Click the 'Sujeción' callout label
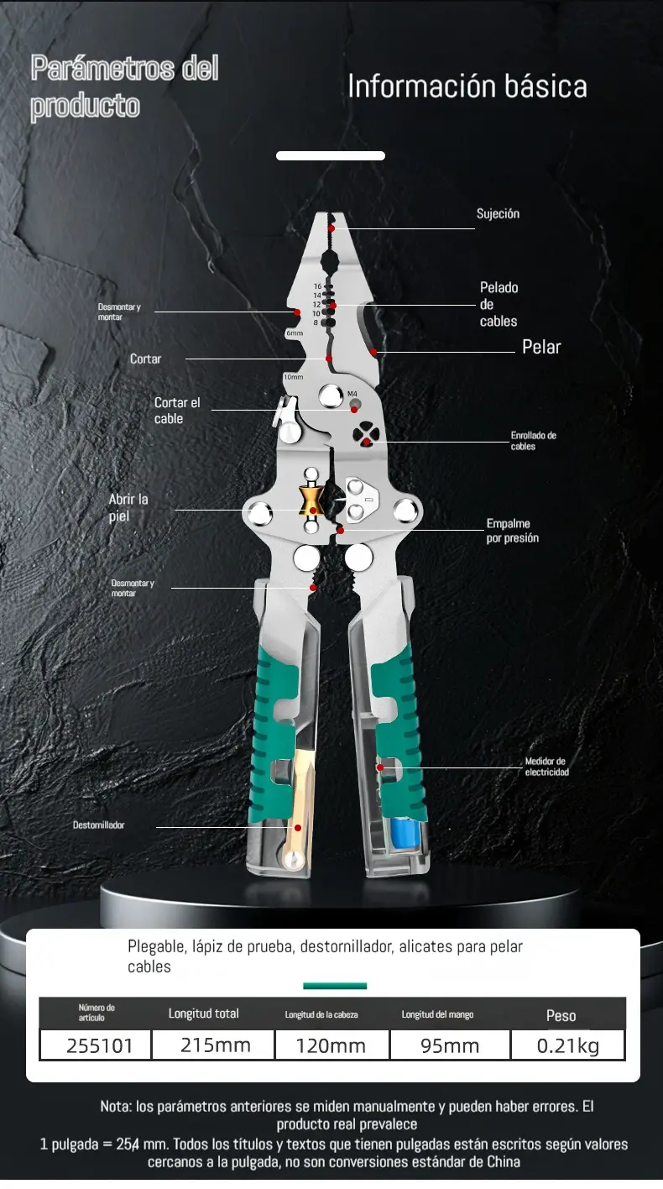(498, 214)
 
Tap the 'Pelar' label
(541, 347)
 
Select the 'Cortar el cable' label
(177, 411)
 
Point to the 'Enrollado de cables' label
(534, 441)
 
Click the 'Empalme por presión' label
(513, 531)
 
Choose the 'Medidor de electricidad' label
(547, 767)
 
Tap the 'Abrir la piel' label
(128, 507)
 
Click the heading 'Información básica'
(467, 86)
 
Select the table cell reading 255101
(99, 1045)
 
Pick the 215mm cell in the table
(216, 1045)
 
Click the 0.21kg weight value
(568, 1045)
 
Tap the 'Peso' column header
(561, 1015)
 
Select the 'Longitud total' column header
(204, 1014)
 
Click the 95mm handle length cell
(450, 1045)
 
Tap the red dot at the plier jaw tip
(331, 228)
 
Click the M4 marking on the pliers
(352, 394)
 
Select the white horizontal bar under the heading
(331, 155)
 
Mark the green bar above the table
(335, 987)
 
